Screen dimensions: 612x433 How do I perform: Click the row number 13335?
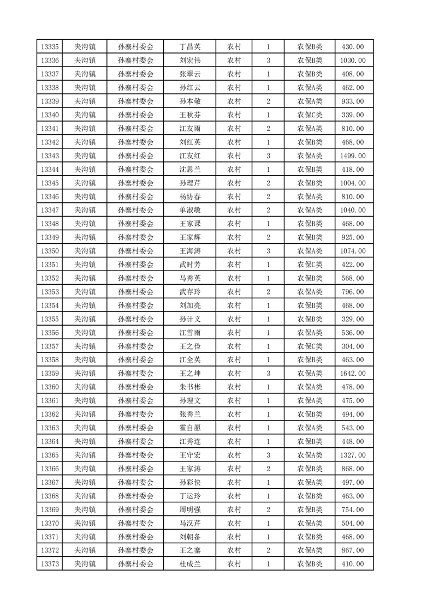pyautogui.click(x=50, y=47)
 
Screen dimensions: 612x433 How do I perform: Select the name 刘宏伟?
pyautogui.click(x=189, y=61)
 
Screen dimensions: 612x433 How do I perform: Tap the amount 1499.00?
pyautogui.click(x=353, y=156)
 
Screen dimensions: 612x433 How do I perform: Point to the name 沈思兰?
pyautogui.click(x=189, y=170)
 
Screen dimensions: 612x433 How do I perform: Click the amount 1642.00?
pyautogui.click(x=353, y=374)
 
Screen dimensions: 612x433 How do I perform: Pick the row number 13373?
pyautogui.click(x=50, y=564)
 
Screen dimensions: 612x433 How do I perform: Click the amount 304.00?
pyautogui.click(x=353, y=346)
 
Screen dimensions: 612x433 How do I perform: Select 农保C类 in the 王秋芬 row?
pyautogui.click(x=310, y=115)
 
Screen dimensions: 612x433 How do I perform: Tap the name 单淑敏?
pyautogui.click(x=189, y=210)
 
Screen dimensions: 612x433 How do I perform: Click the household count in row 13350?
pyautogui.click(x=268, y=251)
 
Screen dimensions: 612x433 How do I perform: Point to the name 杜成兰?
pyautogui.click(x=189, y=564)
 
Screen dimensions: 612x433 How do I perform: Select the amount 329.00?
pyautogui.click(x=353, y=319)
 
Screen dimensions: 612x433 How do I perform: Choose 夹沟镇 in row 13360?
pyautogui.click(x=85, y=387)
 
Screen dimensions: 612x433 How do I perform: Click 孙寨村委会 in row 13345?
pyautogui.click(x=135, y=183)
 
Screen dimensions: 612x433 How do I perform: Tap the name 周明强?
pyautogui.click(x=189, y=509)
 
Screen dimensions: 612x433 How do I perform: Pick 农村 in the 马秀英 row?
pyautogui.click(x=234, y=278)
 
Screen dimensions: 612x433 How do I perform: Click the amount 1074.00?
pyautogui.click(x=353, y=251)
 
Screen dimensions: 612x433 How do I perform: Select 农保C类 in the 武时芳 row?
pyautogui.click(x=310, y=265)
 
